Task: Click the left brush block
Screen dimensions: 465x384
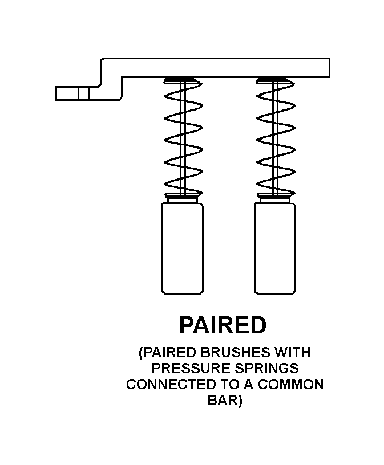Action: click(183, 248)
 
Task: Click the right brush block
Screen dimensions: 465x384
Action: click(274, 248)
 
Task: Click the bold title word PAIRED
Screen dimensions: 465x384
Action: click(223, 325)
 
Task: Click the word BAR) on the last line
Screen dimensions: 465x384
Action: click(224, 400)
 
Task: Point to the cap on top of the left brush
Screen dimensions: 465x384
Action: click(183, 198)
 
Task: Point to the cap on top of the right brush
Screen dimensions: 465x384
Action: click(274, 198)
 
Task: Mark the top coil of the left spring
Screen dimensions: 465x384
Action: click(183, 83)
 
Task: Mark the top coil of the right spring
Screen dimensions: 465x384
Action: click(274, 83)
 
